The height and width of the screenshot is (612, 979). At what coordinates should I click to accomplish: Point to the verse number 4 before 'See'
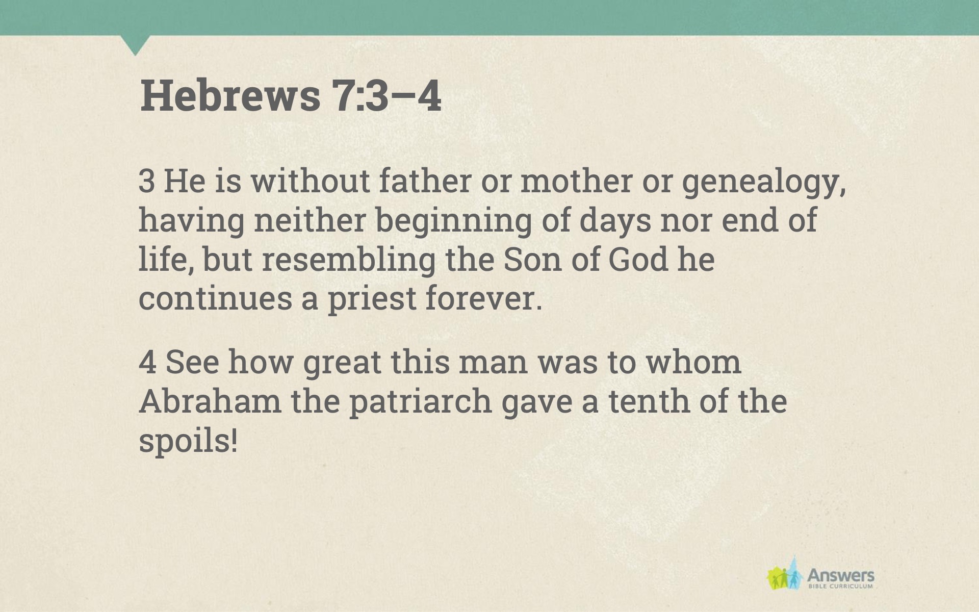(147, 362)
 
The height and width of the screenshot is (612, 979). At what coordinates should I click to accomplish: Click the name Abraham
(210, 401)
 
